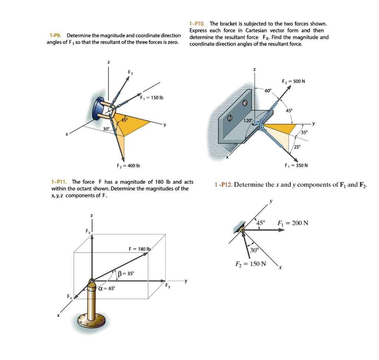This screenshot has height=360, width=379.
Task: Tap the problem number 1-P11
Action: [59, 182]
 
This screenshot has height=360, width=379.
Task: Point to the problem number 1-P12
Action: [223, 184]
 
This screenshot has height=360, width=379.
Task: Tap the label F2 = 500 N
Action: [293, 81]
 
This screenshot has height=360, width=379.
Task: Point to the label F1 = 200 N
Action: [292, 223]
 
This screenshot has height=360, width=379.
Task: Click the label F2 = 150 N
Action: [251, 264]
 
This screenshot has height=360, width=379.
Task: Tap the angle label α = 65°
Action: [106, 288]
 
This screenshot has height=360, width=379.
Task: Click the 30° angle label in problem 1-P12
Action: [254, 250]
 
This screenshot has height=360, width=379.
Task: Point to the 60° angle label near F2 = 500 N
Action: [268, 90]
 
